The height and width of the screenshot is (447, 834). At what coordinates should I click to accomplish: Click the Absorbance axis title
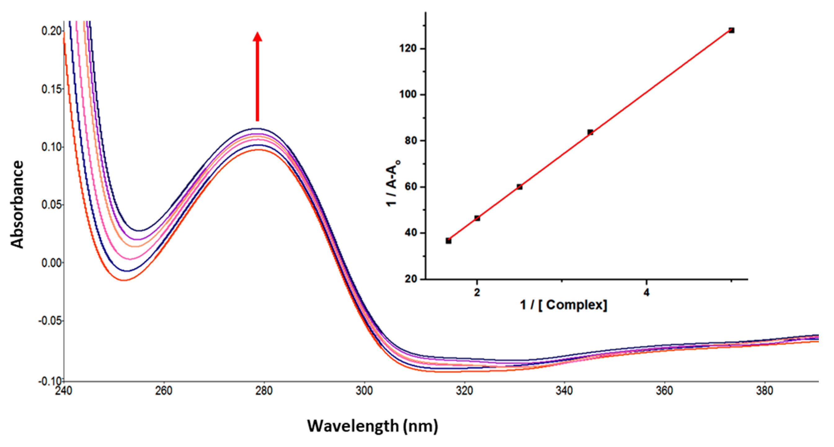[x=17, y=204]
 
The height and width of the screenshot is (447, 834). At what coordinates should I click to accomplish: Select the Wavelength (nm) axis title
[x=372, y=426]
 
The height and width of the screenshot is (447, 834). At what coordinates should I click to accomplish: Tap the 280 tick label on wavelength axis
[x=264, y=391]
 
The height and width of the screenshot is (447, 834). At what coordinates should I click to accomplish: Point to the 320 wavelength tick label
[x=464, y=391]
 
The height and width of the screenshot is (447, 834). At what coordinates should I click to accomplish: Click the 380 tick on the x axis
[x=764, y=391]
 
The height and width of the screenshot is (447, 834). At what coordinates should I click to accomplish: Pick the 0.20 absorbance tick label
[x=51, y=31]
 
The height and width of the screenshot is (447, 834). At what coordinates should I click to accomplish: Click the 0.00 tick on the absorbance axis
[x=51, y=263]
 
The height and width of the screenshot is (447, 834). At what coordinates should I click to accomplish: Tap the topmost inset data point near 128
[x=731, y=30]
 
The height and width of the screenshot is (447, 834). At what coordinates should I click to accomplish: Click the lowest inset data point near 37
[x=448, y=241]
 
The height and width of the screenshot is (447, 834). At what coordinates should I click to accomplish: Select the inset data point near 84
[x=590, y=132]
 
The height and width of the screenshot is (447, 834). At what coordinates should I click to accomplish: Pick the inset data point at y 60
[x=520, y=187]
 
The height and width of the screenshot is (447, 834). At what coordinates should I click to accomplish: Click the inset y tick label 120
[x=408, y=49]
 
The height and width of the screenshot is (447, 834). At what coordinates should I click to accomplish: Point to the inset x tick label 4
[x=646, y=293]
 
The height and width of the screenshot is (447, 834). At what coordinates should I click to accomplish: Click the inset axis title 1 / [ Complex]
[x=563, y=305]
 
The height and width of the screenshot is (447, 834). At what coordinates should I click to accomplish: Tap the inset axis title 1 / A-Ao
[x=392, y=183]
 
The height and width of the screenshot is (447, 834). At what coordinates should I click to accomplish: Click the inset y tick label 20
[x=410, y=279]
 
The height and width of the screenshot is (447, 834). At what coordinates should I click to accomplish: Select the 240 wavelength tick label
[x=64, y=391]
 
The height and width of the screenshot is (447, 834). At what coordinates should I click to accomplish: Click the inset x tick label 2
[x=477, y=293]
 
